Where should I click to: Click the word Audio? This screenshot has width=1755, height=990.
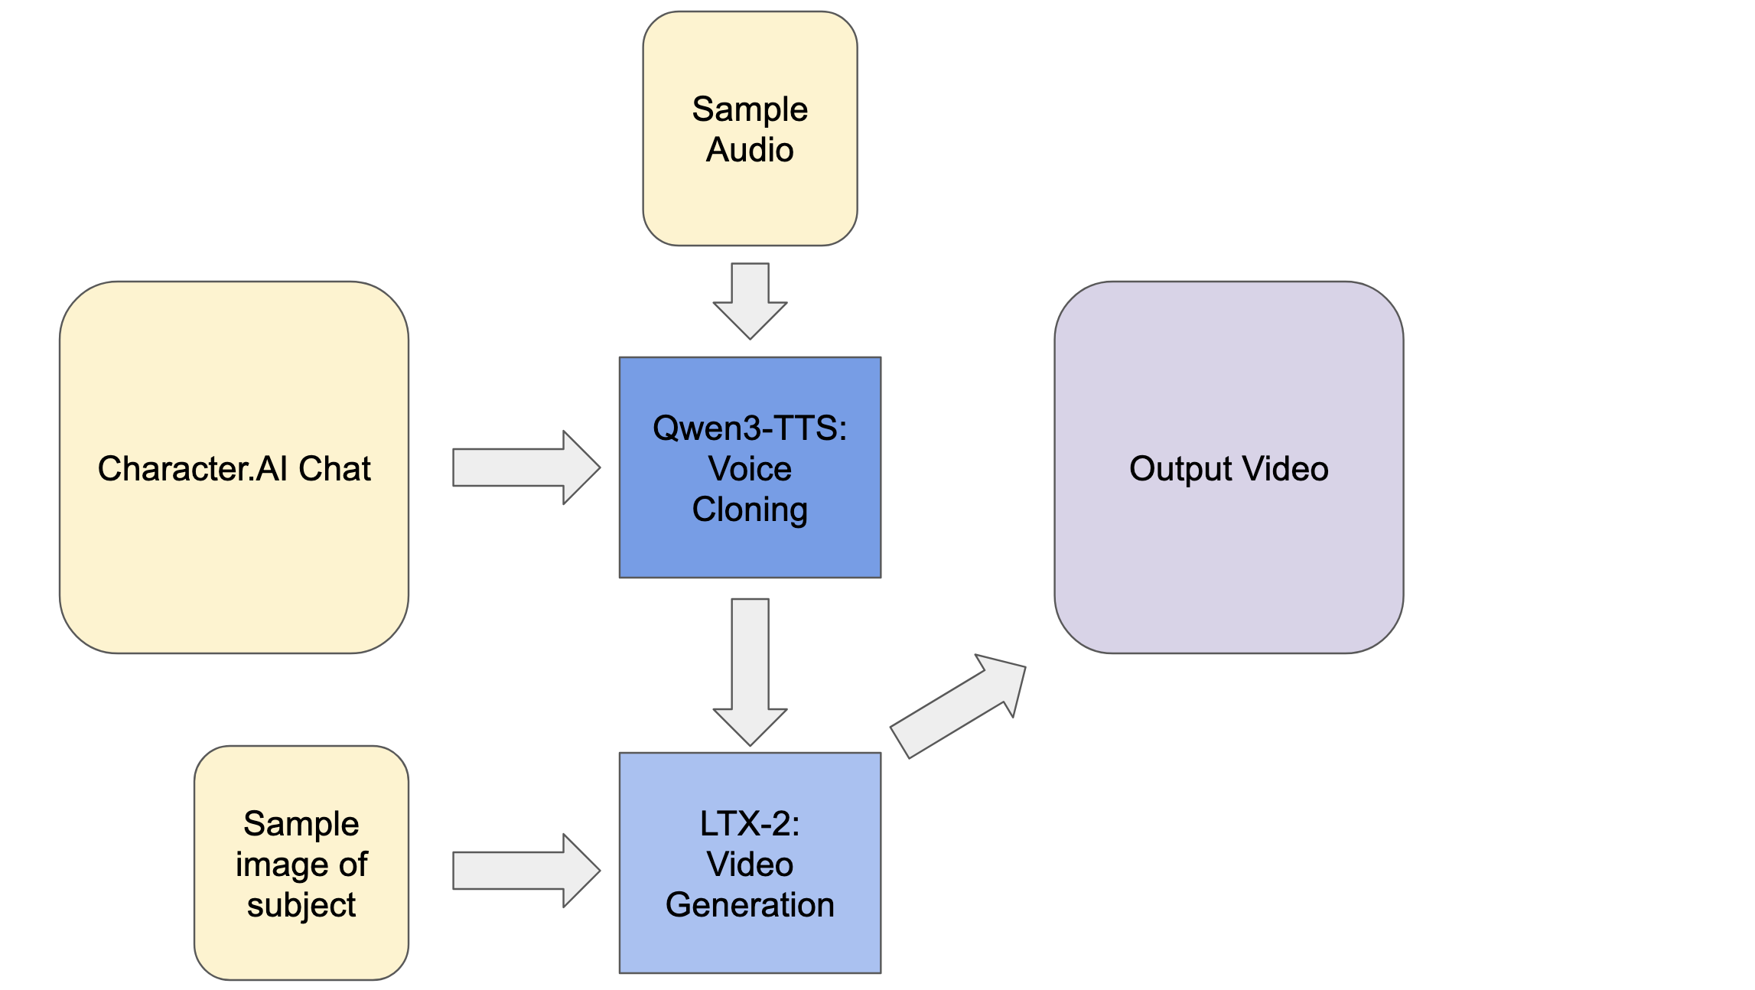750,150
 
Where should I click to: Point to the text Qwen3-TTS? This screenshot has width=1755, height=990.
750,428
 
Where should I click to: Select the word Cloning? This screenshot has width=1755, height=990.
750,510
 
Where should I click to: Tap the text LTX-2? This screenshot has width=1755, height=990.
750,824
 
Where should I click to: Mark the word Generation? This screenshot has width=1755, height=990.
750,905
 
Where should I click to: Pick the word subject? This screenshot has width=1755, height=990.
301,905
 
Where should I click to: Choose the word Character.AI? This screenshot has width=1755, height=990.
192,469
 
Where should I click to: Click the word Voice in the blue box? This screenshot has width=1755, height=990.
750,469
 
